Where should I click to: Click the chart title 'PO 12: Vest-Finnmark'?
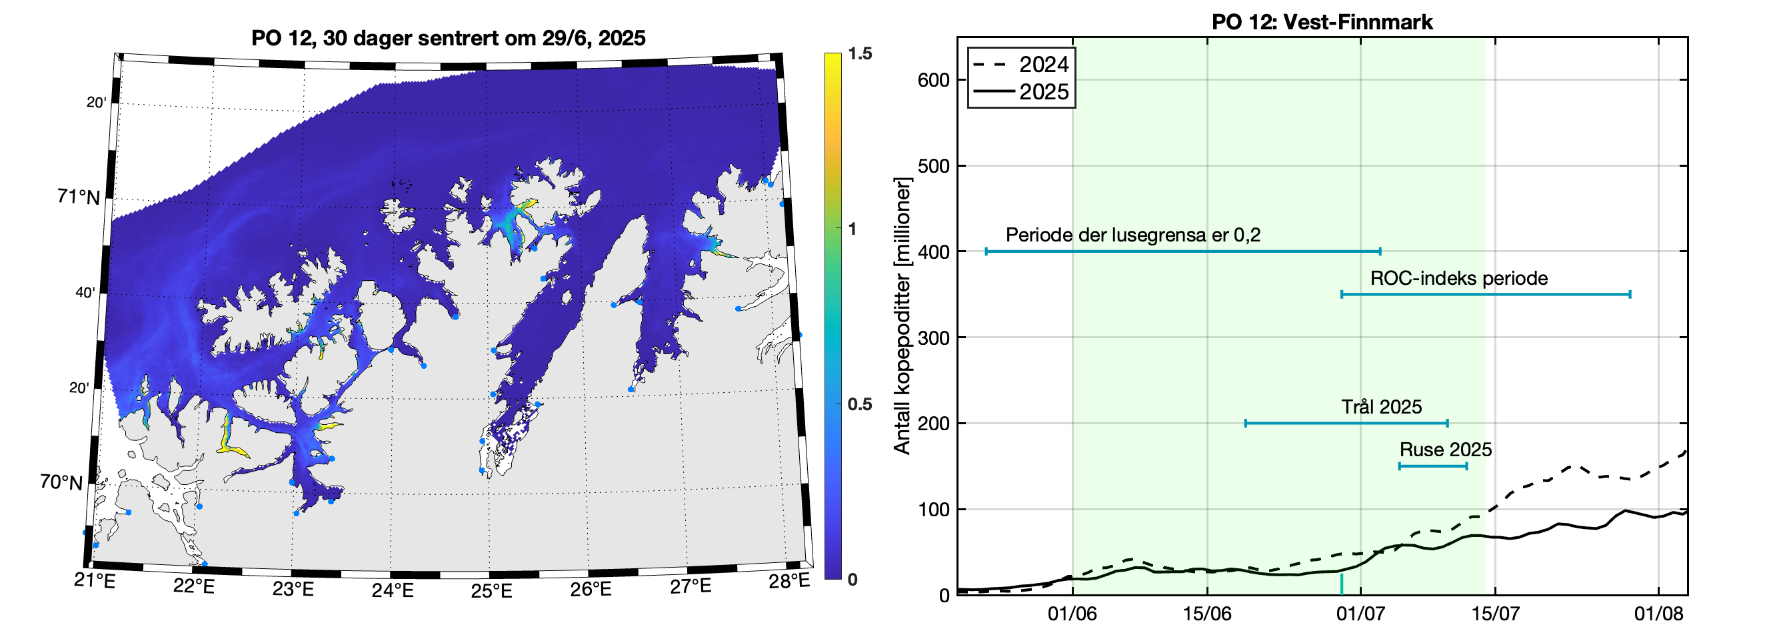click(1321, 22)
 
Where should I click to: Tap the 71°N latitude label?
click(79, 197)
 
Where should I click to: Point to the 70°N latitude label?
click(61, 482)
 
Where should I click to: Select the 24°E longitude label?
click(392, 590)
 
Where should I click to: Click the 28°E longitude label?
click(789, 582)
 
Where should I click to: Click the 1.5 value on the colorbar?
click(859, 53)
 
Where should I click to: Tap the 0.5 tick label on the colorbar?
click(859, 405)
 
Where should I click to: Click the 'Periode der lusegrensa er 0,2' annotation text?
click(1133, 235)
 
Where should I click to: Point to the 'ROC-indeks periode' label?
click(1459, 279)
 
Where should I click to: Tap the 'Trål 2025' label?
click(1381, 408)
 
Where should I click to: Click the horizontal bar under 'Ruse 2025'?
click(1433, 466)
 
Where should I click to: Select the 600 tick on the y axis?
click(933, 81)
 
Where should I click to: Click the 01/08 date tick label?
click(1658, 613)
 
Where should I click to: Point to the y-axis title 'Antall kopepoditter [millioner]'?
click(902, 316)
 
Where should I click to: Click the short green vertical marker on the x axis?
click(1341, 584)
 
